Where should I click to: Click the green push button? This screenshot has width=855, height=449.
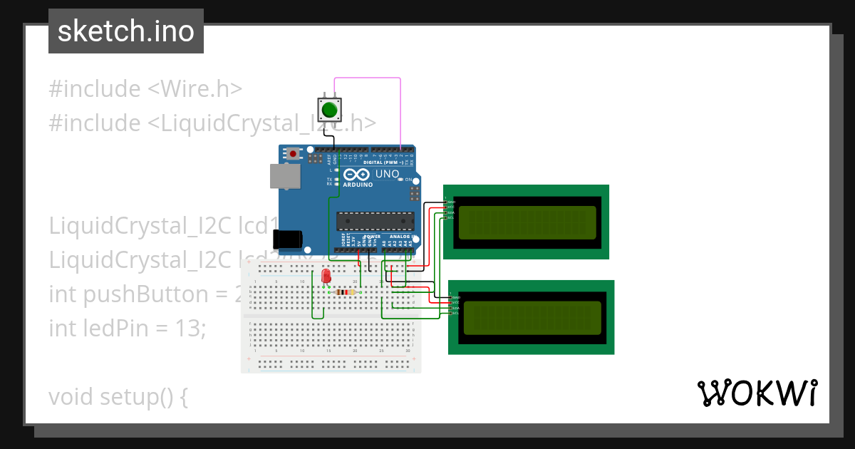click(329, 110)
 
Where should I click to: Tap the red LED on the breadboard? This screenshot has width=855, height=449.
click(326, 277)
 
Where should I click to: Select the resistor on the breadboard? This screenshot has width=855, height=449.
click(345, 292)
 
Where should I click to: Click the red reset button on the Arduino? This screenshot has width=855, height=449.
click(293, 153)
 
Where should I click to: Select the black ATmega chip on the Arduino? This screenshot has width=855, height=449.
click(375, 222)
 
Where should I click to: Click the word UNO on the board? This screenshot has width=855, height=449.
click(387, 174)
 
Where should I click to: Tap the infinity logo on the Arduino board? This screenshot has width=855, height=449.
click(356, 175)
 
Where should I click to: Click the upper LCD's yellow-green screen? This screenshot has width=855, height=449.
click(527, 222)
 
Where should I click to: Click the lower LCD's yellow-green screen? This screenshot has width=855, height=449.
click(532, 318)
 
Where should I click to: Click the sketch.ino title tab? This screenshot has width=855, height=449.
click(126, 31)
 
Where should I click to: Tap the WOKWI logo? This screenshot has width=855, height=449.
click(757, 393)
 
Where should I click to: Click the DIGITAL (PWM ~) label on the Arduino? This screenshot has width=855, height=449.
click(383, 162)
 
